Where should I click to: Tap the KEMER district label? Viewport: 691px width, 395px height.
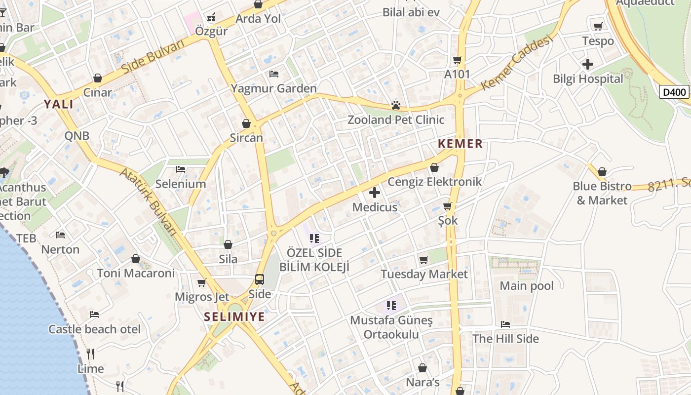(x=460, y=144)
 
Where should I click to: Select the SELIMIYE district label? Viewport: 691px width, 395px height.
(x=234, y=317)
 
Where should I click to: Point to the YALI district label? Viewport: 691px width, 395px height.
(x=58, y=104)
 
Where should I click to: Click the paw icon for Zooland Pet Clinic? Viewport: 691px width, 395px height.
(x=395, y=105)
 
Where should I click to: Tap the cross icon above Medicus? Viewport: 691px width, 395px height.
(x=375, y=193)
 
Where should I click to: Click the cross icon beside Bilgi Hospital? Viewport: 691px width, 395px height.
(x=587, y=64)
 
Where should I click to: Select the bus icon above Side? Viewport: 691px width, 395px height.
(x=260, y=279)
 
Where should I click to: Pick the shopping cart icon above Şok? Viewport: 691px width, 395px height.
(x=448, y=206)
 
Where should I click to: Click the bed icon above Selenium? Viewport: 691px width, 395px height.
(x=181, y=169)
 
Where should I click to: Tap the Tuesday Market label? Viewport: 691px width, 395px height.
(x=424, y=274)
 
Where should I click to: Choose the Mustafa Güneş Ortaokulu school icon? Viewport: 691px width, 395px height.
(x=391, y=306)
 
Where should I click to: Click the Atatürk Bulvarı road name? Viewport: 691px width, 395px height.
(x=149, y=202)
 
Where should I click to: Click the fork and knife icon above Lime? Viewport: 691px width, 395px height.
(x=90, y=354)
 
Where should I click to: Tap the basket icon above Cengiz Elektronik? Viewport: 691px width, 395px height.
(x=434, y=168)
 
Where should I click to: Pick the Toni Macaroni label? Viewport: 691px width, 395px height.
(x=136, y=273)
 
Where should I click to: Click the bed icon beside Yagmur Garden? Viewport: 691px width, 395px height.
(x=274, y=74)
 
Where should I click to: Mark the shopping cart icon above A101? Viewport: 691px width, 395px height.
(x=457, y=60)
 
